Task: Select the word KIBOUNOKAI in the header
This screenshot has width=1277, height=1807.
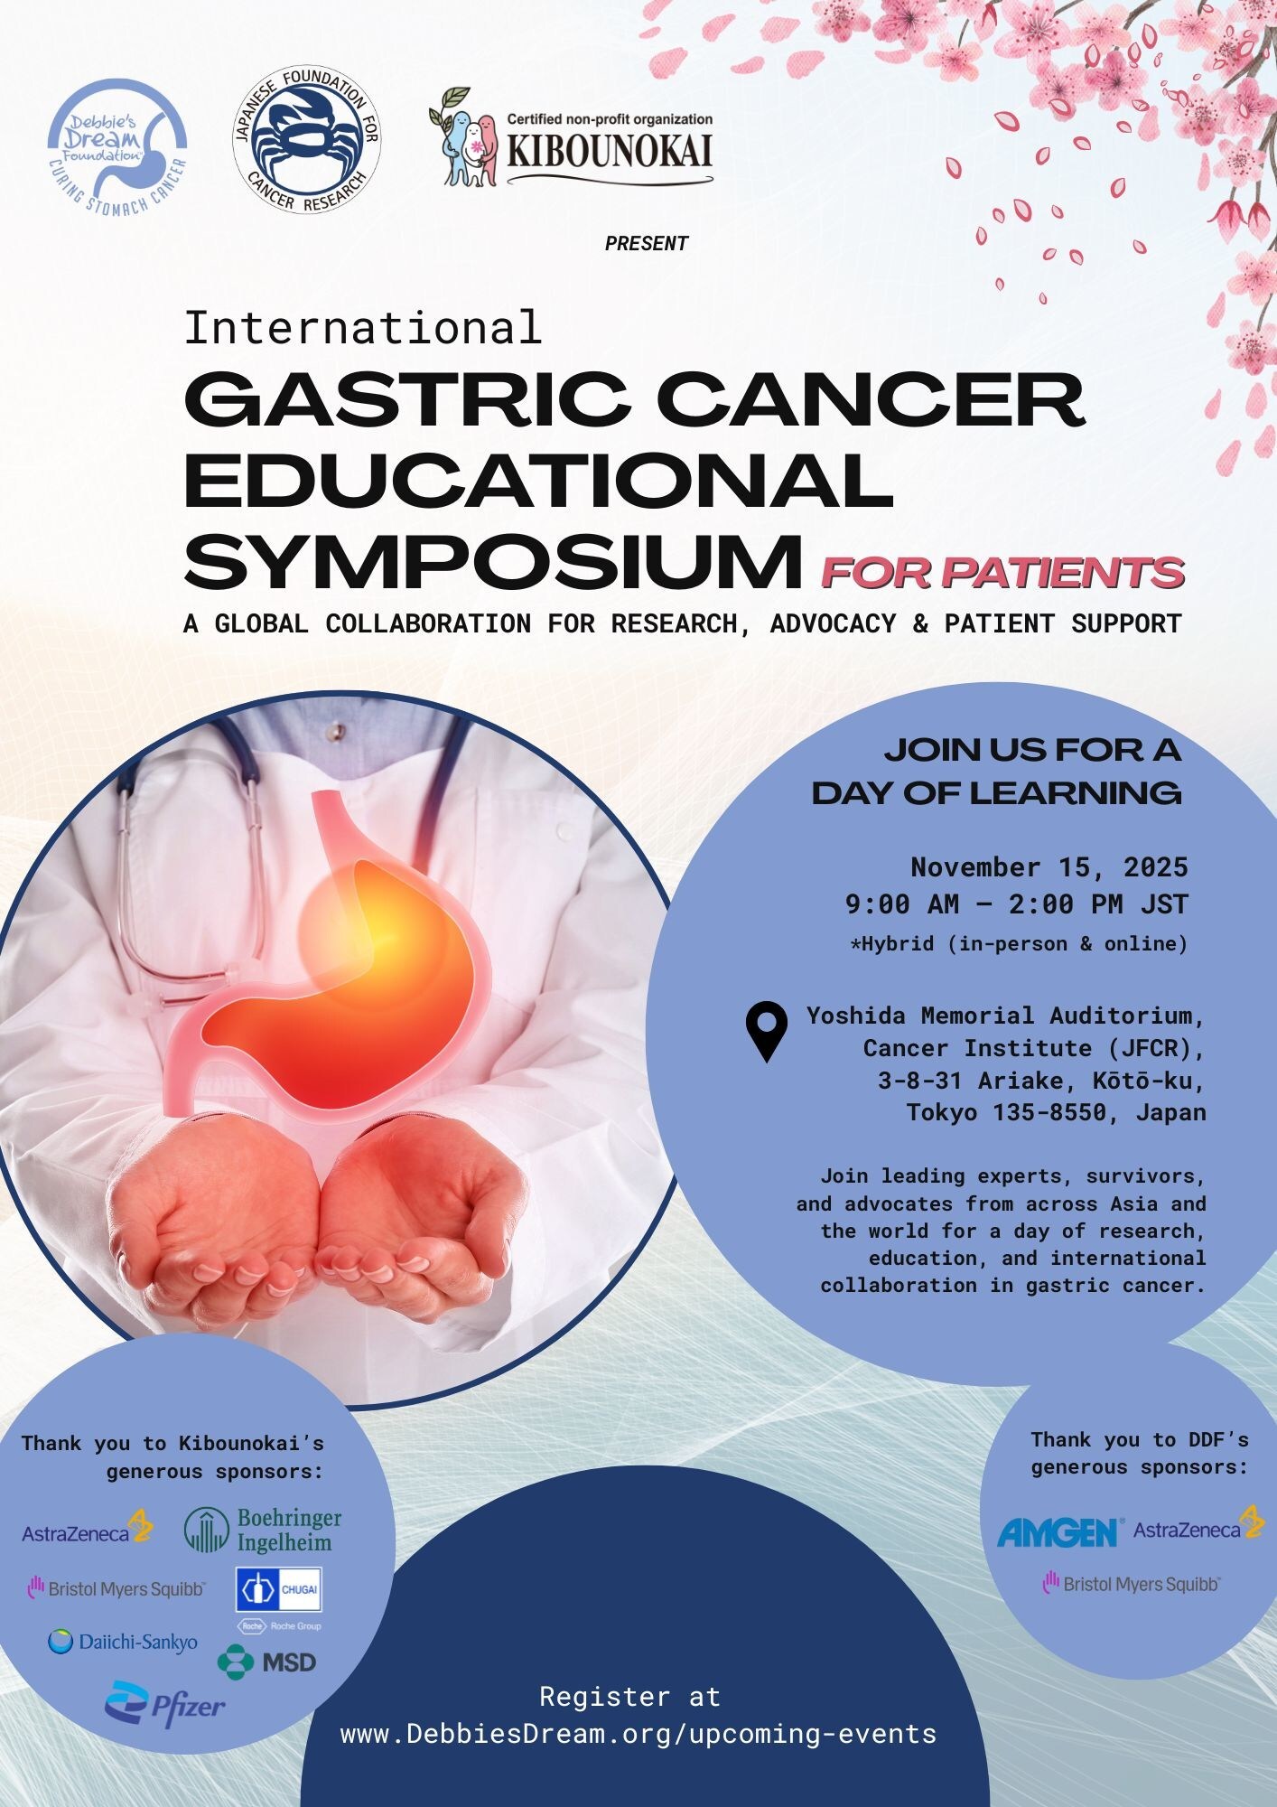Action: pos(610,150)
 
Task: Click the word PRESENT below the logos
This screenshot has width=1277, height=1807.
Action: pos(647,243)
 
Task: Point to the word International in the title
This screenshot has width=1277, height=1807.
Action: pos(363,327)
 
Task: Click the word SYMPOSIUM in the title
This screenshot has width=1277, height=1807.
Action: pos(493,561)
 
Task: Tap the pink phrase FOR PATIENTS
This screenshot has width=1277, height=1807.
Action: pos(1002,573)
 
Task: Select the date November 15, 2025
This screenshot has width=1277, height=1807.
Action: pos(1049,867)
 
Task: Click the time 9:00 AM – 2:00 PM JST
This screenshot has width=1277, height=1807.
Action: pos(1016,903)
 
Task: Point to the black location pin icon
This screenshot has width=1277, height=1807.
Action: pos(766,1030)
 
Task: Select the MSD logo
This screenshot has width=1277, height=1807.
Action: pos(267,1662)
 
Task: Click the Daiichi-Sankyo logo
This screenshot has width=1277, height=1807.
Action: pos(123,1642)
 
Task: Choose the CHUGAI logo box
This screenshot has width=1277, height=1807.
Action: pos(278,1589)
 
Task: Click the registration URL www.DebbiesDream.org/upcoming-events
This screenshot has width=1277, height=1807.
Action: pos(638,1734)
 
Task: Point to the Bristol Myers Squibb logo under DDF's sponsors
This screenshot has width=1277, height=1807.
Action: pos(1132,1583)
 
